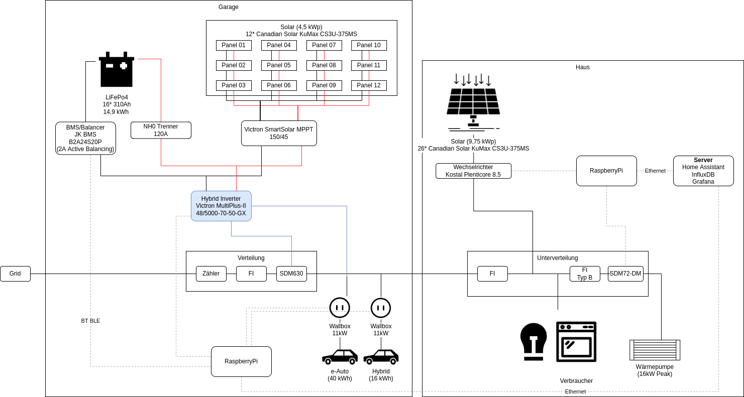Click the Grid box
click(x=15, y=274)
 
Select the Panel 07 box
click(x=324, y=45)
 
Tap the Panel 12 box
click(x=369, y=85)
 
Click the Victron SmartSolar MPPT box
click(x=279, y=133)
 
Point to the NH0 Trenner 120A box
click(x=161, y=130)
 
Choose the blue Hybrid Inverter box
click(x=221, y=206)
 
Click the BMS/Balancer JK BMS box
click(x=85, y=138)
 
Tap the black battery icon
click(x=117, y=69)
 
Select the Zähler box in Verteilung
click(x=211, y=274)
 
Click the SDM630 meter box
click(x=291, y=274)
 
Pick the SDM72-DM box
click(x=625, y=274)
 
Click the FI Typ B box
click(x=585, y=274)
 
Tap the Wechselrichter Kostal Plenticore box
click(x=473, y=171)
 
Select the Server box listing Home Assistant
click(x=703, y=171)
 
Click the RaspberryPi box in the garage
click(x=241, y=361)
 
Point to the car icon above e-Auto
click(x=340, y=356)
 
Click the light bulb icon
click(x=534, y=342)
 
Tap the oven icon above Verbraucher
click(x=576, y=342)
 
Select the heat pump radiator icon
click(x=655, y=350)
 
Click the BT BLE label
click(x=90, y=321)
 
